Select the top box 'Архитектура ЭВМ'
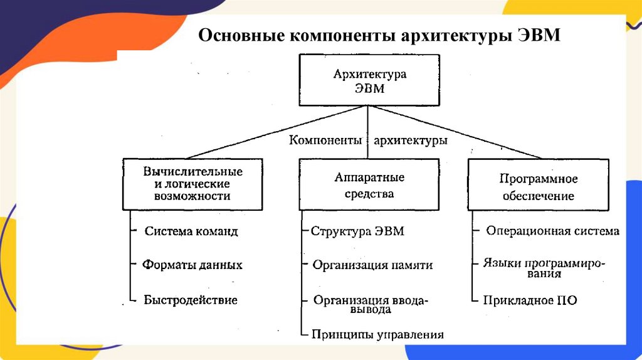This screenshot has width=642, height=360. tap(369, 80)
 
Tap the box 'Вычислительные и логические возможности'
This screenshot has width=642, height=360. tap(192, 184)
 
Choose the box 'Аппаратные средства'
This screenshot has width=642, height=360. tap(369, 184)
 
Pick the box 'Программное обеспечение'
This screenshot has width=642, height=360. tap(539, 187)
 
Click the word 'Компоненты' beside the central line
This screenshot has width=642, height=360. tap(325, 140)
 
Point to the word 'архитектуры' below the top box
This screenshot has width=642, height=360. tap(410, 140)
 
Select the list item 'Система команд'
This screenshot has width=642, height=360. tap(191, 231)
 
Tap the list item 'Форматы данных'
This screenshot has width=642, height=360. tap(192, 265)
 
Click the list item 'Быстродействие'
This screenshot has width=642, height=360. tap(191, 300)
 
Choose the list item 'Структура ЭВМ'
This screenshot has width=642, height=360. tap(357, 231)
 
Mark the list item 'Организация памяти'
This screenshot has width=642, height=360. tap(372, 265)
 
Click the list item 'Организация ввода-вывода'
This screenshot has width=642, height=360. tap(371, 304)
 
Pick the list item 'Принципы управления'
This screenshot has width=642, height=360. tap(377, 334)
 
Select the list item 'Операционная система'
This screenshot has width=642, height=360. tap(552, 231)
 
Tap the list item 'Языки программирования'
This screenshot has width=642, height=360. tap(544, 267)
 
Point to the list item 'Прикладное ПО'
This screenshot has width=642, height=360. tap(530, 300)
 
